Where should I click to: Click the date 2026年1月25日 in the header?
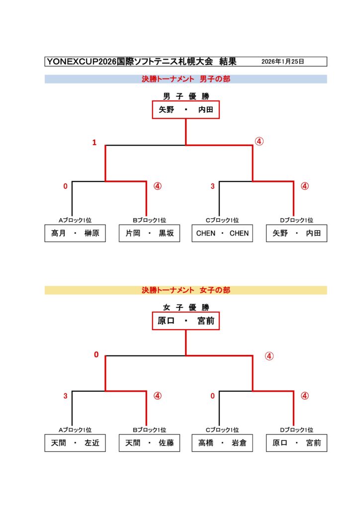click(x=282, y=62)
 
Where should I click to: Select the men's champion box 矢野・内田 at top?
click(x=185, y=110)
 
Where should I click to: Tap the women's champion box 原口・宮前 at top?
click(x=185, y=321)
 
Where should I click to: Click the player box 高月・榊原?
click(x=75, y=233)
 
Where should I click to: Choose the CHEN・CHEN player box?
click(x=222, y=233)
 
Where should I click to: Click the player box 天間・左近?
click(x=75, y=443)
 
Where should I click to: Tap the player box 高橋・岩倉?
click(x=222, y=443)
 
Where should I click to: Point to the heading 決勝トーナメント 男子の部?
click(x=185, y=79)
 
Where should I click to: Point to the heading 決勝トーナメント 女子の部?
click(x=185, y=290)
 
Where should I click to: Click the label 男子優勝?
click(x=185, y=96)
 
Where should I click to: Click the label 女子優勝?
click(x=185, y=307)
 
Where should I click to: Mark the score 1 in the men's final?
click(x=94, y=143)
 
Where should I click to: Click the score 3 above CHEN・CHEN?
click(x=212, y=186)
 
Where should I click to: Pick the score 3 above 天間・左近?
click(x=65, y=396)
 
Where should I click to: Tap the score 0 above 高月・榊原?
click(x=65, y=186)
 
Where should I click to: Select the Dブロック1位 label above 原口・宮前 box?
click(x=296, y=430)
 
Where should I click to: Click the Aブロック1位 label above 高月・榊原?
click(x=75, y=220)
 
